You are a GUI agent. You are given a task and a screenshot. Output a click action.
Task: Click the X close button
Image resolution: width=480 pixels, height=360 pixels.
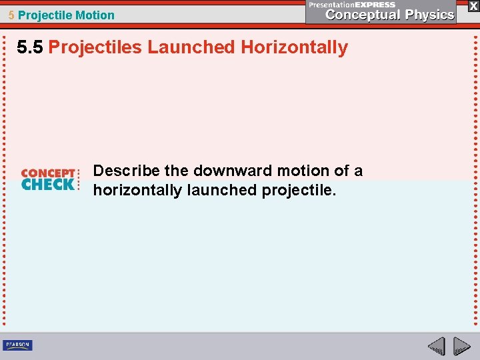click(473, 5)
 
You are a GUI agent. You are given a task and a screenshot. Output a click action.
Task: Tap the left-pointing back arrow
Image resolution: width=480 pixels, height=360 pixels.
click(436, 346)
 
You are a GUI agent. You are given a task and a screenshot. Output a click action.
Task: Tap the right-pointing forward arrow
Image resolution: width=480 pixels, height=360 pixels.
click(461, 346)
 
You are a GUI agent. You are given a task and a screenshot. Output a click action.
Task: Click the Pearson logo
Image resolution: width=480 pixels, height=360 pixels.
click(17, 345)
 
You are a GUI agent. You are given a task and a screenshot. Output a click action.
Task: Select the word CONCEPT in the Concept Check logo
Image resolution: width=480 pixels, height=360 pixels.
click(48, 173)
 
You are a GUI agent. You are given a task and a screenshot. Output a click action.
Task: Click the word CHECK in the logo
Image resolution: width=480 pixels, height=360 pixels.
click(48, 184)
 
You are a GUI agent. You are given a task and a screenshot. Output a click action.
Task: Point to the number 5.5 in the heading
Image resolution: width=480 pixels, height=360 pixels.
click(31, 47)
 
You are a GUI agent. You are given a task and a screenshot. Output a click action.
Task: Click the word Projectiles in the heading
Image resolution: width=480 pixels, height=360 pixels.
click(96, 47)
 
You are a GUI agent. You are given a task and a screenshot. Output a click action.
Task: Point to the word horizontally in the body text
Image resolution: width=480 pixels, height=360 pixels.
click(137, 190)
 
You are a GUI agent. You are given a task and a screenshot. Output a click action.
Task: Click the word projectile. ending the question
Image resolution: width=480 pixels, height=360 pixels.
click(299, 190)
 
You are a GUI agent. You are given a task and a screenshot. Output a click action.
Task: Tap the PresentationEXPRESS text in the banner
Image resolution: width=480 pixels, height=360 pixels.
click(351, 4)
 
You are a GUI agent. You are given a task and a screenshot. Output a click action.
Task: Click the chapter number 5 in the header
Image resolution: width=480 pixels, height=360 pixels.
click(11, 15)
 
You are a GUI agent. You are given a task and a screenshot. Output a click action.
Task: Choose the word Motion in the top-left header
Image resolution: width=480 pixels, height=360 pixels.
click(95, 15)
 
